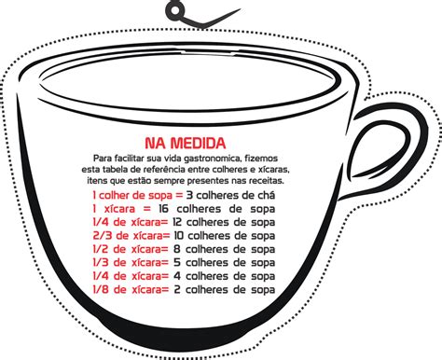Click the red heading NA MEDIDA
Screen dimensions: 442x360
pos(186,143)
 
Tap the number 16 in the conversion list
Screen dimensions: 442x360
pos(163,209)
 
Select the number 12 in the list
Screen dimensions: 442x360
pos(177,222)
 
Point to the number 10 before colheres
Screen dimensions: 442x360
pos(179,236)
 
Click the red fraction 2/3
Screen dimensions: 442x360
pos(102,236)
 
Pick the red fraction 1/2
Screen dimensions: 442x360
pos(100,249)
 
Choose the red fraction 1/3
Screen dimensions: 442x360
pos(100,263)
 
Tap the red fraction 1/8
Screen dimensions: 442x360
pos(100,290)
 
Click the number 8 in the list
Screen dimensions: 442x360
pos(177,249)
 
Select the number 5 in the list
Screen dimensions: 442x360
pos(177,263)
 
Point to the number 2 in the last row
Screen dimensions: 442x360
pos(177,290)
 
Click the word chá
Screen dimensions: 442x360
pos(267,195)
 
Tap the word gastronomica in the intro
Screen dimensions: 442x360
pos(213,159)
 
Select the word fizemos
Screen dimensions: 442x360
pos(261,159)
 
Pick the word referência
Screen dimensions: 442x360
pos(167,170)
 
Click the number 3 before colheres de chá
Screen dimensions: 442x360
pos(189,195)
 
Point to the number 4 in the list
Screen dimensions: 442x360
pos(177,276)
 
